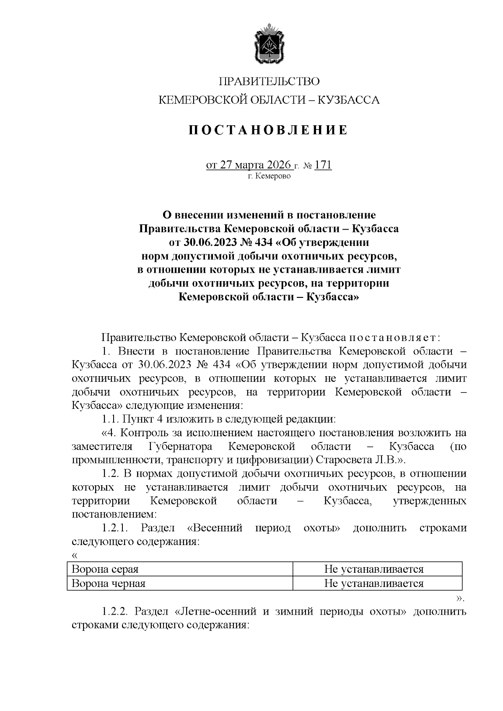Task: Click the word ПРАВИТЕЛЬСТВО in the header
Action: pyautogui.click(x=269, y=81)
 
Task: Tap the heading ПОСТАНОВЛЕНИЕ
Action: pyautogui.click(x=269, y=130)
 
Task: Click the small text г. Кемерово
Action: pyautogui.click(x=269, y=176)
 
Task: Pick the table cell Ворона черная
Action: pyautogui.click(x=109, y=583)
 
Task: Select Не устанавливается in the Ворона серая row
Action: pyautogui.click(x=373, y=569)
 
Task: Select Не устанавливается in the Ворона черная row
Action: pyautogui.click(x=373, y=583)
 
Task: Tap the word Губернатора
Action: pyautogui.click(x=180, y=446)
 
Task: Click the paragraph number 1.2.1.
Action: pyautogui.click(x=115, y=528)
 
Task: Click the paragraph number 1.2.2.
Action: pyautogui.click(x=115, y=611)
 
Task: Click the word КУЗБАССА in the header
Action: pyautogui.click(x=349, y=100)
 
